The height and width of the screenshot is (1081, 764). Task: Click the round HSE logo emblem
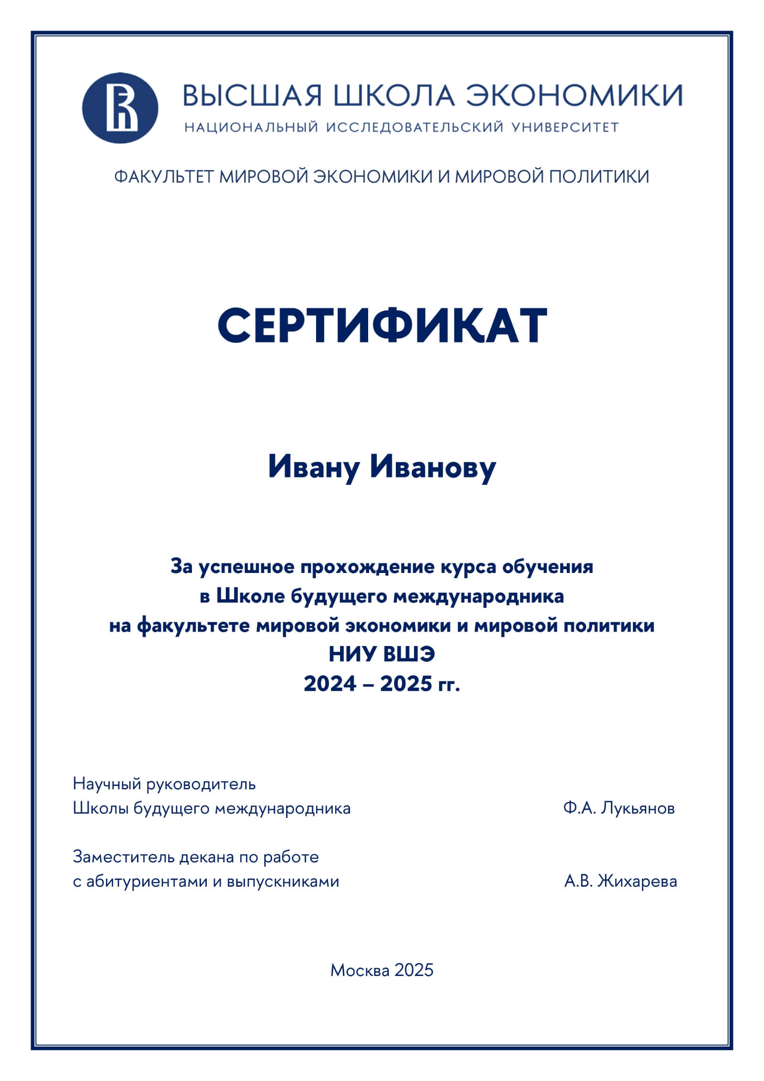pos(120,108)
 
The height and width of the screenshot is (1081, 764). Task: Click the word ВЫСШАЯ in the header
pos(252,95)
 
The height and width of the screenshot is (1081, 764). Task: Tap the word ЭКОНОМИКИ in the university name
pos(574,95)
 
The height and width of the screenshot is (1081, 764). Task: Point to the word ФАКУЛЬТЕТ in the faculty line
pos(164,177)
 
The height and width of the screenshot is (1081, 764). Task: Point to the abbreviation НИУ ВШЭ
pos(382,654)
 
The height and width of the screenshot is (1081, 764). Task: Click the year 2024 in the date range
pos(330,684)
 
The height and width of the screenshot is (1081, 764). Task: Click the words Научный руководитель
pos(164,784)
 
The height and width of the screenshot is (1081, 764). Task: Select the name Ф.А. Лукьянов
pos(619,808)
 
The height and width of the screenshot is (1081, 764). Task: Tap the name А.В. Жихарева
pos(620,881)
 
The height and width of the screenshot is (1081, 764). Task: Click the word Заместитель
pos(124,857)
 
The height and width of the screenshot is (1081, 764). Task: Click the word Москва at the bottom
pos(360,970)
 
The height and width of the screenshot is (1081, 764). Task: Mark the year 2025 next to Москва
pos(414,970)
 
